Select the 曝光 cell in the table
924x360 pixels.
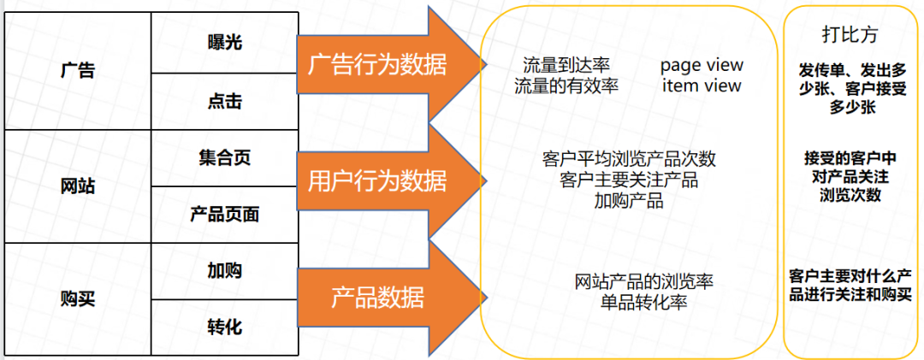(224, 42)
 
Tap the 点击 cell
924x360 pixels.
(224, 101)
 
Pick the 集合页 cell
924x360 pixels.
(224, 157)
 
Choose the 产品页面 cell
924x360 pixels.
(224, 215)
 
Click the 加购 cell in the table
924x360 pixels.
(224, 270)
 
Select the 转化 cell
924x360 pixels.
(224, 328)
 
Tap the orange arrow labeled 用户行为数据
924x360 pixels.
(376, 180)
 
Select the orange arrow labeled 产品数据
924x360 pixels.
(376, 297)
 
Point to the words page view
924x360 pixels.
(702, 66)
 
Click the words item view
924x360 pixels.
(702, 86)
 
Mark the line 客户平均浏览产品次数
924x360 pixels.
(629, 160)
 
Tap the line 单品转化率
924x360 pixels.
(644, 303)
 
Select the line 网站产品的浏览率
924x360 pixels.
(644, 281)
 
